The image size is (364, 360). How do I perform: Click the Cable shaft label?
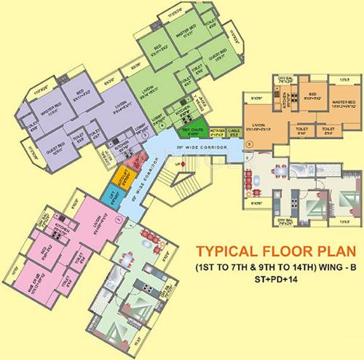coord(234,133)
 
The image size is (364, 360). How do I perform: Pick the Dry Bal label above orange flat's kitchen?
coord(285,79)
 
